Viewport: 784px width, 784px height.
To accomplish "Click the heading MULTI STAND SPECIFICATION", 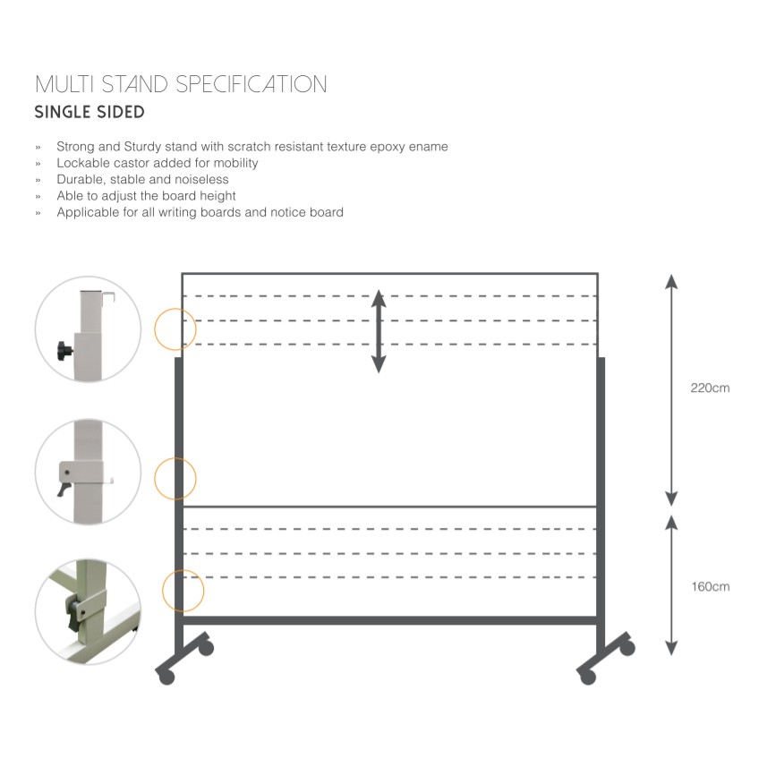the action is [x=181, y=85].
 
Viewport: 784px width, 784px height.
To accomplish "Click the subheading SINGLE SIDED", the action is [x=89, y=113].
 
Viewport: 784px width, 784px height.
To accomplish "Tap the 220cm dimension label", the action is [x=710, y=388].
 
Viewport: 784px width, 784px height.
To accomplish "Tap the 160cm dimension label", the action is [x=710, y=587].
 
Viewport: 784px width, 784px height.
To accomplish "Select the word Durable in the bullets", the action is [x=81, y=179].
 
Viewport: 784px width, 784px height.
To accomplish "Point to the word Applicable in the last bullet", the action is [x=89, y=212].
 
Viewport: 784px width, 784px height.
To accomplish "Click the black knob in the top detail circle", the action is [x=64, y=349].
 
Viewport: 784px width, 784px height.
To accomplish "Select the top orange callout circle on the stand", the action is [x=175, y=329].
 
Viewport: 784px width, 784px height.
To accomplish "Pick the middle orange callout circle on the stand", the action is [x=175, y=478].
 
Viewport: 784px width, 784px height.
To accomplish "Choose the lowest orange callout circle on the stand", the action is [x=183, y=592].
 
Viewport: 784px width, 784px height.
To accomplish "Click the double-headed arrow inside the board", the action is [x=379, y=330].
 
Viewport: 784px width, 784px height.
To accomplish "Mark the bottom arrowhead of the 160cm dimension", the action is [x=671, y=648].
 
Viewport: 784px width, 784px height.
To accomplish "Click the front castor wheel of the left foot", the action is [x=166, y=677].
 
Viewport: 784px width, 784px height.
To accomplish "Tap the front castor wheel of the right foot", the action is [x=588, y=677].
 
